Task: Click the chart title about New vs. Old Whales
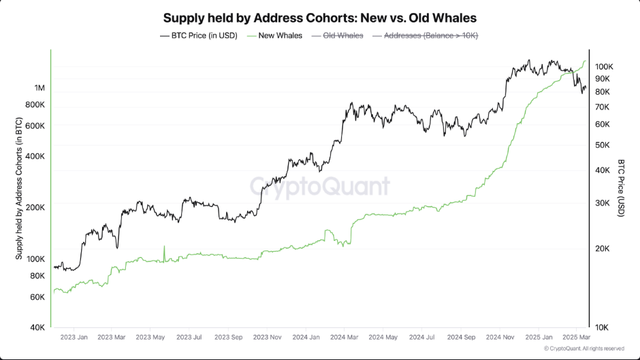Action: pos(319,17)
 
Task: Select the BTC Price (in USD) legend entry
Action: pos(199,35)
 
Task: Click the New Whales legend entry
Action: pos(276,35)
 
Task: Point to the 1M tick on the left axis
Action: pos(39,88)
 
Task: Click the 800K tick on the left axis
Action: pos(35,105)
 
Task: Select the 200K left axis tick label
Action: pos(35,207)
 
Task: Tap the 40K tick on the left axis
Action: pos(37,327)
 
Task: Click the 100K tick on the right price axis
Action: pos(605,67)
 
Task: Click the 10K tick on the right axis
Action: pos(603,327)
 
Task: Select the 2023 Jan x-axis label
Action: pos(74,337)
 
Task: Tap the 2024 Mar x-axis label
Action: pos(345,337)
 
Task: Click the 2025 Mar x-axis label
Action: pos(575,337)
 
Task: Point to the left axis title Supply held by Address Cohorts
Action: pos(19,189)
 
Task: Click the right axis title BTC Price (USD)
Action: pos(621,189)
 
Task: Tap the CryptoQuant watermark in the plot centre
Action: pos(319,186)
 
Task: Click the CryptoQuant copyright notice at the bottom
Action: pos(583,348)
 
